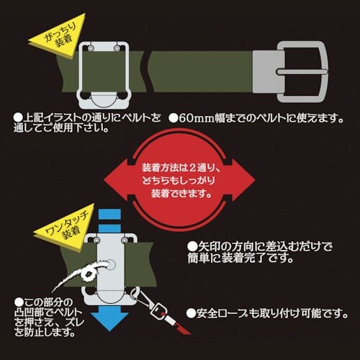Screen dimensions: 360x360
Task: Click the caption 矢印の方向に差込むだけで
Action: pyautogui.click(x=261, y=246)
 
